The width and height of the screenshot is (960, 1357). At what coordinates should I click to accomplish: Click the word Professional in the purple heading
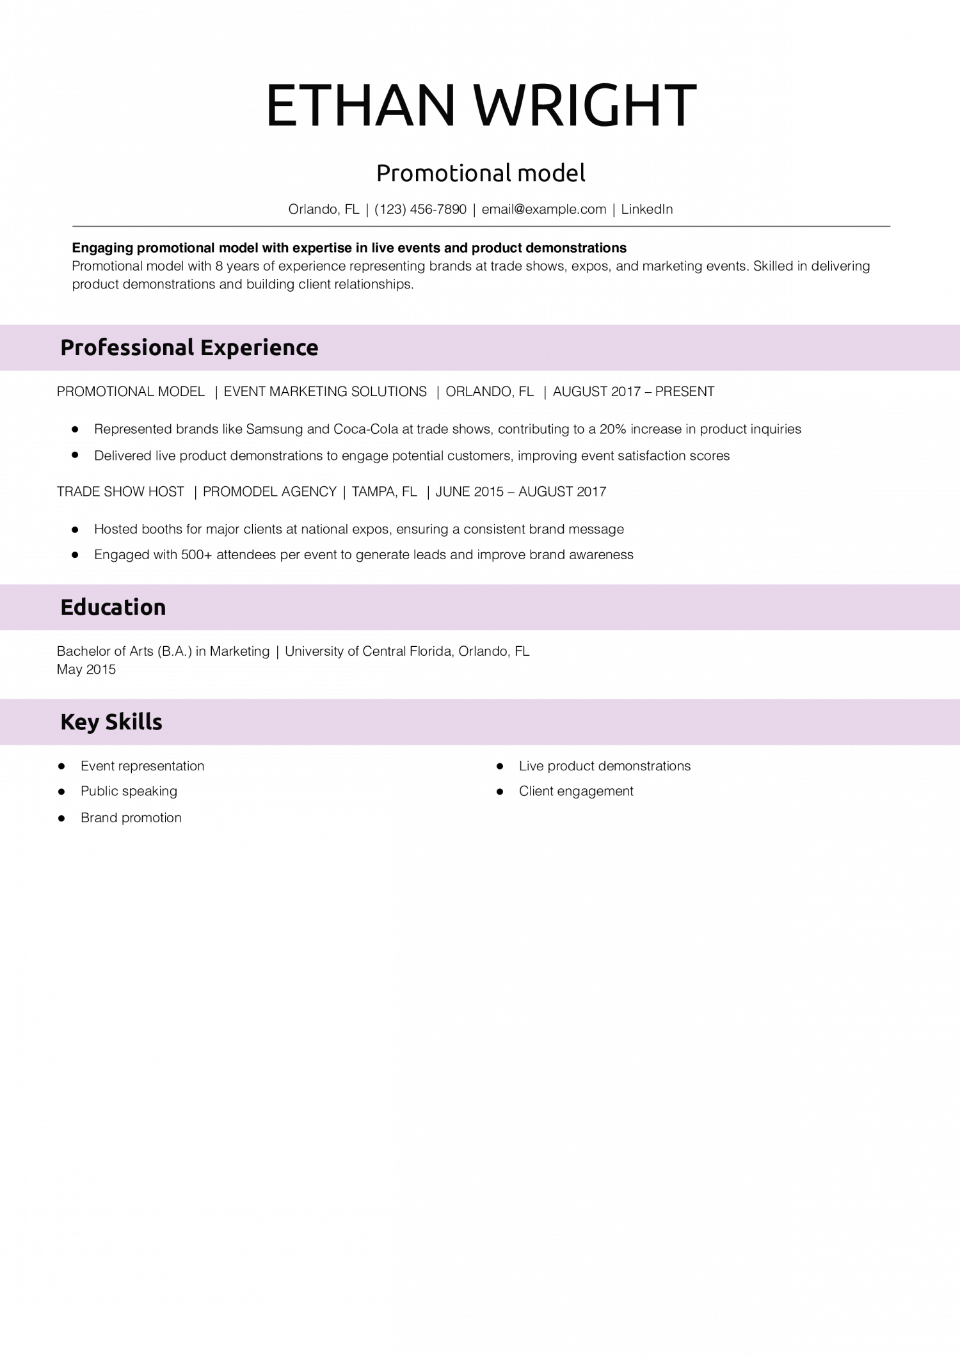127,348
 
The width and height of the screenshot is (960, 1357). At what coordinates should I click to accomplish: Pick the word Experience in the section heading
259,348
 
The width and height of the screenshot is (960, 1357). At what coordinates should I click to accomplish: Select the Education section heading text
113,607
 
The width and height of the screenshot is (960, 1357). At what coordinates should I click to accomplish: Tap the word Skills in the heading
134,722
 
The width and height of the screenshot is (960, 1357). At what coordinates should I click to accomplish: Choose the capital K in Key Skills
67,722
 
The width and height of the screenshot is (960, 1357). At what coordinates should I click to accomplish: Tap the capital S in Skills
111,722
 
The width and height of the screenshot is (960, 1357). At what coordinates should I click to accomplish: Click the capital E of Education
67,607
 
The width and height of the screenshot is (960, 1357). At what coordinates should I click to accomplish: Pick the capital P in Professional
67,348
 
